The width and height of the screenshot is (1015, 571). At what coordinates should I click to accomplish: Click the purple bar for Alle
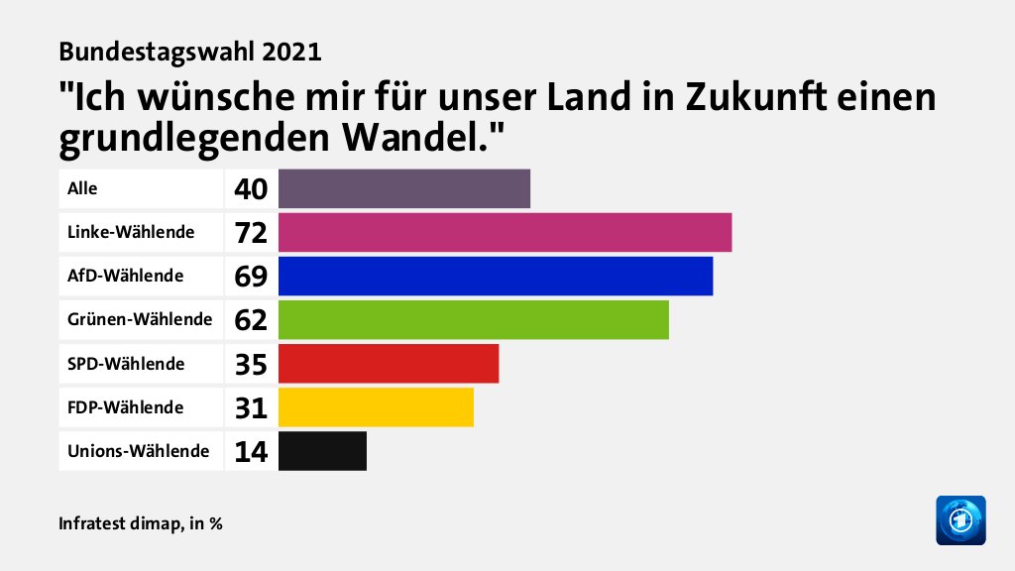[x=404, y=188]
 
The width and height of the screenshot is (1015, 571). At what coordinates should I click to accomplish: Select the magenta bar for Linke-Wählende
[x=505, y=232]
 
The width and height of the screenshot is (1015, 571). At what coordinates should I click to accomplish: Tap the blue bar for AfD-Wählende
[x=496, y=276]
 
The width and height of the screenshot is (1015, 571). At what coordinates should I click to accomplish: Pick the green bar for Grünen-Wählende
[x=474, y=319]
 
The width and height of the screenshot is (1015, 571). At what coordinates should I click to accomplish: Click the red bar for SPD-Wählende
[x=389, y=363]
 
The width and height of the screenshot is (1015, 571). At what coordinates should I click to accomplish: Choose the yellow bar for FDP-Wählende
[x=376, y=406]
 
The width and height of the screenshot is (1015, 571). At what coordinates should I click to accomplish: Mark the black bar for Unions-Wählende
[x=322, y=450]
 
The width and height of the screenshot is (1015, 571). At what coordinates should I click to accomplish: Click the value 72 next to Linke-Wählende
[x=251, y=233]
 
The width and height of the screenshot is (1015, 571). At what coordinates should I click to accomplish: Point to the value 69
[x=251, y=277]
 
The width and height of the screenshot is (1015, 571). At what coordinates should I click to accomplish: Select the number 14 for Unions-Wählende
[x=251, y=451]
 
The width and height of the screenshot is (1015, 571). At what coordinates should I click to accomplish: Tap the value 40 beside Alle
[x=251, y=189]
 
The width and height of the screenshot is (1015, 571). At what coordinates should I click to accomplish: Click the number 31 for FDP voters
[x=251, y=407]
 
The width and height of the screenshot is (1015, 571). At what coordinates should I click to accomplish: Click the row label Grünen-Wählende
[x=140, y=319]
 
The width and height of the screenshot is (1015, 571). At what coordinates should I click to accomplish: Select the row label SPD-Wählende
[x=126, y=363]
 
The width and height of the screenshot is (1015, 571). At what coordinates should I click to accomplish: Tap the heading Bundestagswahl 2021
[x=190, y=52]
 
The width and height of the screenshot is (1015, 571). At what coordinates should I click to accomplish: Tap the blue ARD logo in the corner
[x=960, y=519]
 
